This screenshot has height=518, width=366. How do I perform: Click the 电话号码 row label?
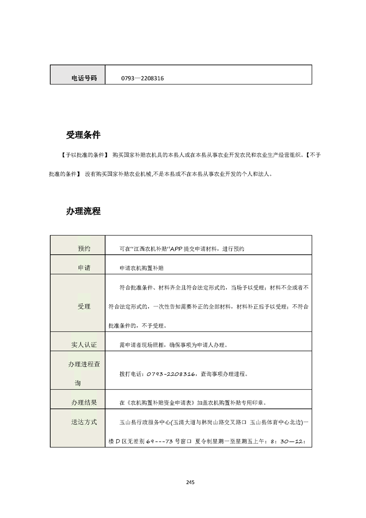(x=84, y=78)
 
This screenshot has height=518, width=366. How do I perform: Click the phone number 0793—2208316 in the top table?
(x=143, y=78)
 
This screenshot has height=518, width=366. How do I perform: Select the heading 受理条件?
(x=83, y=135)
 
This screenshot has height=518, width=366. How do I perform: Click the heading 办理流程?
(x=83, y=211)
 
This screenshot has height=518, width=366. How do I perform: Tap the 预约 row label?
(x=84, y=248)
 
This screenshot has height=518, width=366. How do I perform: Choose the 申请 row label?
(x=84, y=268)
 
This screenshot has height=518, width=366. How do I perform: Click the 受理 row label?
(x=84, y=307)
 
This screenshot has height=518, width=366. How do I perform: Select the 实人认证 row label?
(x=84, y=344)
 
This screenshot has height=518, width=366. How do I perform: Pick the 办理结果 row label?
(x=84, y=403)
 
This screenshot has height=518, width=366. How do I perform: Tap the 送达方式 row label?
(x=84, y=422)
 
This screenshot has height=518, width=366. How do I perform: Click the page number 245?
(x=190, y=482)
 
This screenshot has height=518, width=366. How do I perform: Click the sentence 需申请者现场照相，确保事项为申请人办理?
(x=173, y=345)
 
